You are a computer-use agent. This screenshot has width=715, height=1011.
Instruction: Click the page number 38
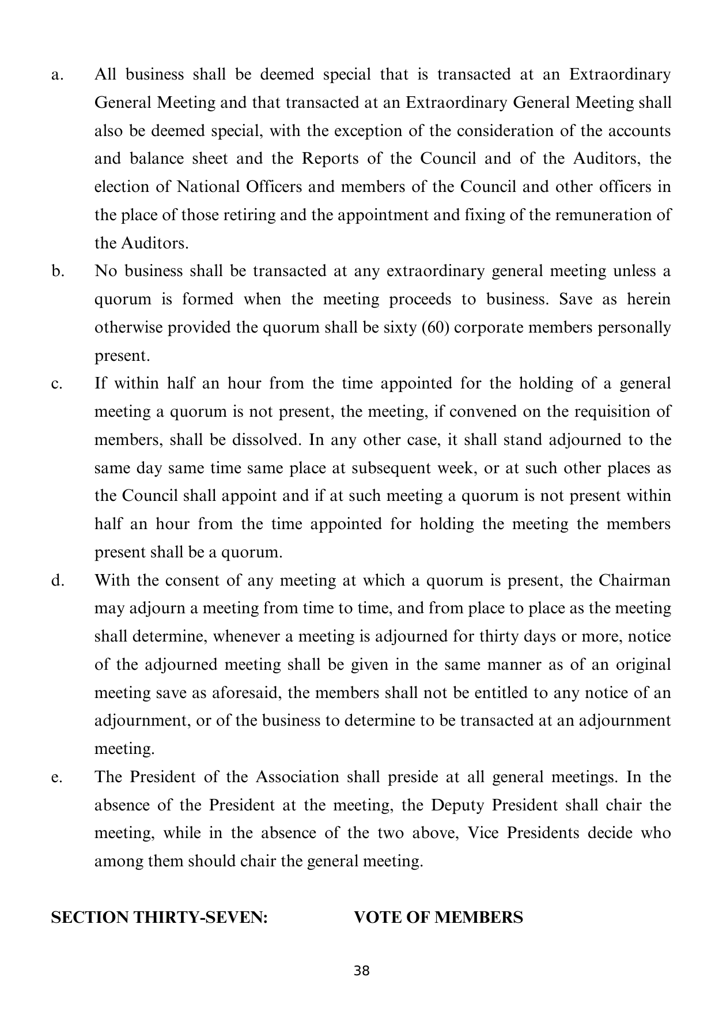pos(361,971)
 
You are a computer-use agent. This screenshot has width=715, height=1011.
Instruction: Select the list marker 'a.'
pos(57,75)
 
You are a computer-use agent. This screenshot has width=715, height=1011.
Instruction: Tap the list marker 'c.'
pos(56,384)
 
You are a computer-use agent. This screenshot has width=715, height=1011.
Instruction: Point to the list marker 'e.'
pos(56,778)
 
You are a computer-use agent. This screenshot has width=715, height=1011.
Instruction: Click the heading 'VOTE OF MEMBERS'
pos(438,918)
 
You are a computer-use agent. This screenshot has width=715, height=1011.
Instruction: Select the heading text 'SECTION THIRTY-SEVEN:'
pos(160,918)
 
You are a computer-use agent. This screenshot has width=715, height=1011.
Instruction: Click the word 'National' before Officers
pos(208,187)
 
